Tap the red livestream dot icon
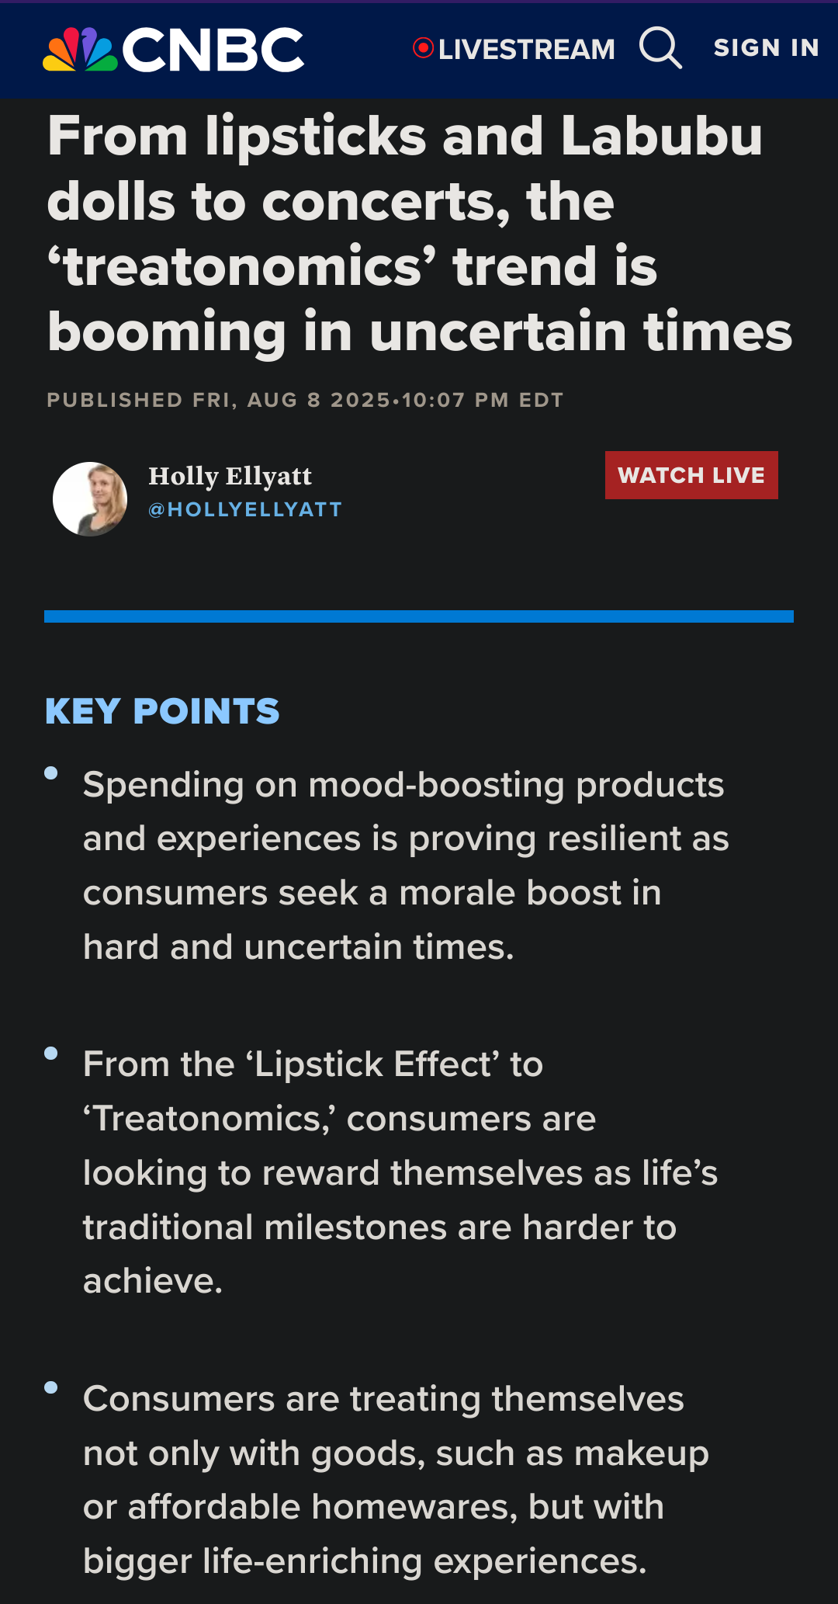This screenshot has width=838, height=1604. (x=423, y=48)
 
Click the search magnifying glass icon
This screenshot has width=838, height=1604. (x=660, y=47)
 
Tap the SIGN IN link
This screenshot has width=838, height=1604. (x=766, y=48)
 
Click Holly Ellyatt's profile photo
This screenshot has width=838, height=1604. (x=90, y=499)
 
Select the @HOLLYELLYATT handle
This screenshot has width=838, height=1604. (x=245, y=509)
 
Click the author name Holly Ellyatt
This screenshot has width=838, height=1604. (x=230, y=476)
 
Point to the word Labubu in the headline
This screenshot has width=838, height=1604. (x=662, y=136)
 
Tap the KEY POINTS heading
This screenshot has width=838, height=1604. (x=162, y=711)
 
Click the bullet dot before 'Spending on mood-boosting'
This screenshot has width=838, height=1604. (x=51, y=772)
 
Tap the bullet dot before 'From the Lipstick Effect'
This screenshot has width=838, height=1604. (x=51, y=1053)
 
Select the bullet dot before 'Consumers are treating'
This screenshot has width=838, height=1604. (x=51, y=1387)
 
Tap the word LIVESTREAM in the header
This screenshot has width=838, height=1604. (x=527, y=49)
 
